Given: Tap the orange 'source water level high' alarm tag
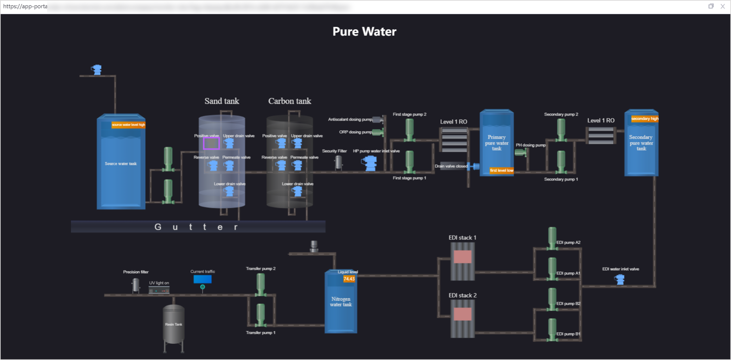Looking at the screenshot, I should coord(128,125).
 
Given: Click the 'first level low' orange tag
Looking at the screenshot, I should coord(501,170).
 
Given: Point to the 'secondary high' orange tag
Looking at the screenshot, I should coord(644,119).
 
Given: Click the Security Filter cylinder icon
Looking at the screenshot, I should coord(338,162).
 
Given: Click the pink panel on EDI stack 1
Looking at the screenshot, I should coord(462,257).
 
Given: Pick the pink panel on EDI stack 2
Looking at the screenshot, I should coord(462,314).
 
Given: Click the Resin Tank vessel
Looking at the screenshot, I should coord(173,324).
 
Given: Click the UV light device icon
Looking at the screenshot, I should coord(159,290).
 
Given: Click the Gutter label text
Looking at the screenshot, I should coord(196,227).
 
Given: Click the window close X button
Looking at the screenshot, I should coord(723,6).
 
